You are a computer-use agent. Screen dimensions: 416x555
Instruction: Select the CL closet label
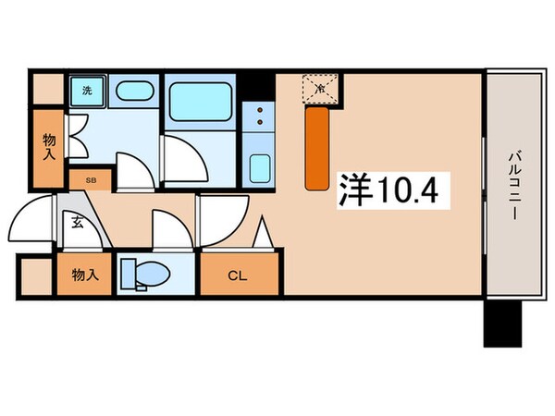237,274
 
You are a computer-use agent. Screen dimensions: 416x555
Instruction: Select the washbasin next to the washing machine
136,92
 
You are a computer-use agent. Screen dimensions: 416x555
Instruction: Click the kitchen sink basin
259,168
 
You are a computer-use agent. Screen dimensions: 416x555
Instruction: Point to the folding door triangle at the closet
263,233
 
